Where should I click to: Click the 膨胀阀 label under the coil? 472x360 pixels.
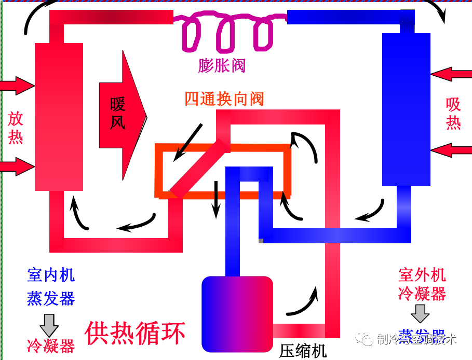(222, 65)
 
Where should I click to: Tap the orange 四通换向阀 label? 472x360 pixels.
(224, 99)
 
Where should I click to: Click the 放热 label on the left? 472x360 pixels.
(16, 128)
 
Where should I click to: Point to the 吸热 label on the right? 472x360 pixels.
(453, 114)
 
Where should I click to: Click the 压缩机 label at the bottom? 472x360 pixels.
(303, 351)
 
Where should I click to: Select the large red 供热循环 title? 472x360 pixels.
(135, 334)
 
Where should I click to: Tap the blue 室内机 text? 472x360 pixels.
(51, 274)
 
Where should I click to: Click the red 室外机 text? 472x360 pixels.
(422, 274)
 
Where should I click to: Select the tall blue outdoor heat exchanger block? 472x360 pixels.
(406, 109)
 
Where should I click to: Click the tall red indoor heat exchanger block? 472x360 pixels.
(59, 117)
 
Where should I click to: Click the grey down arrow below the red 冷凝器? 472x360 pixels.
(420, 313)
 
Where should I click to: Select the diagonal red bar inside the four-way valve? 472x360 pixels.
(200, 169)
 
